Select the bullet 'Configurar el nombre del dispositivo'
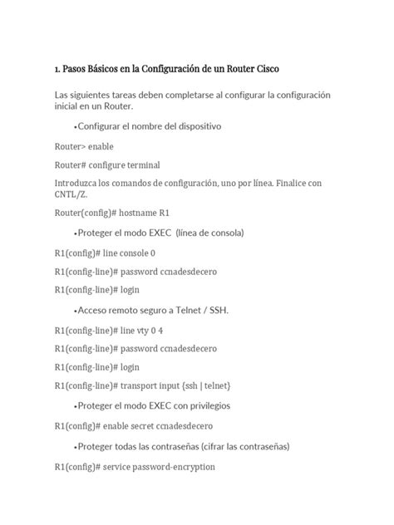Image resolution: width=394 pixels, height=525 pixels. coord(147,126)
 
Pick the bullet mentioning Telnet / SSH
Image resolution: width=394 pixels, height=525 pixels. coord(151,310)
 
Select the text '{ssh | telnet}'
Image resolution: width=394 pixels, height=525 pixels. coord(205,386)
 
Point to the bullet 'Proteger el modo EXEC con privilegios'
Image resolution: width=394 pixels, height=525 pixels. coord(152,406)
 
